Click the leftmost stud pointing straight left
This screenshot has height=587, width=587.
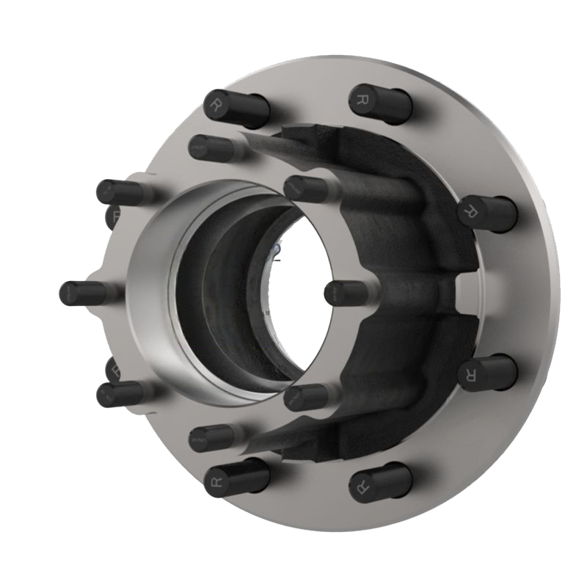[73, 293]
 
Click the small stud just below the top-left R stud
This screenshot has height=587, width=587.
[202, 147]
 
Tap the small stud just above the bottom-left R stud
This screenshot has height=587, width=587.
[202, 439]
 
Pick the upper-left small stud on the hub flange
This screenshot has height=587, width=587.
[110, 192]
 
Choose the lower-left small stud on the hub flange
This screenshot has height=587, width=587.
[110, 394]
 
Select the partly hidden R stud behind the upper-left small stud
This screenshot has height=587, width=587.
[113, 216]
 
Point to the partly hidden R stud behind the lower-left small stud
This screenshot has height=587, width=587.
[113, 368]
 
